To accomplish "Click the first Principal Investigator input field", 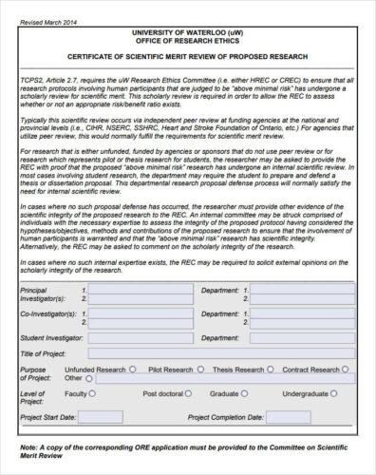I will point(138,289).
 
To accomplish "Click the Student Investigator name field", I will point(138,337).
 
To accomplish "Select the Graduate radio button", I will point(243,393).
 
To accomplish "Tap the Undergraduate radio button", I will point(333,393).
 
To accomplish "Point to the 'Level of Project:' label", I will point(32,397).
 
